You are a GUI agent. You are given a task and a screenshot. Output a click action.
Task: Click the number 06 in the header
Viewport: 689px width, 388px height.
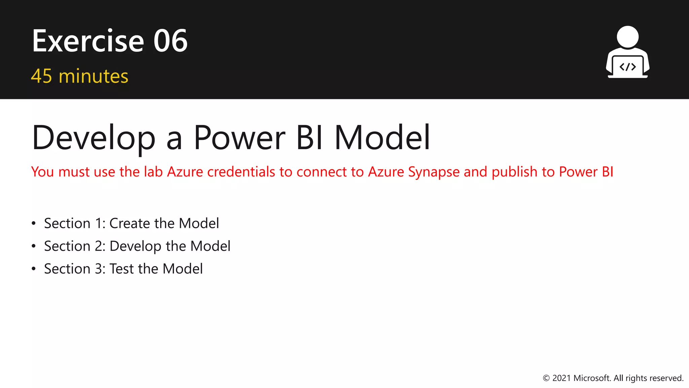click(x=170, y=41)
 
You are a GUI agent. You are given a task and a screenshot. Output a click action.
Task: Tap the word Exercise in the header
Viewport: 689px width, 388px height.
click(x=88, y=41)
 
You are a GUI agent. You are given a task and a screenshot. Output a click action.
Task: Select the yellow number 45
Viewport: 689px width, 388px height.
click(x=41, y=76)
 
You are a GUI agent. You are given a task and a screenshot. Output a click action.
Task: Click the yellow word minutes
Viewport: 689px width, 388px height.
click(x=94, y=76)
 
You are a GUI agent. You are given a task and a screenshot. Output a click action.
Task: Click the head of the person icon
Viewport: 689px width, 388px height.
click(x=628, y=37)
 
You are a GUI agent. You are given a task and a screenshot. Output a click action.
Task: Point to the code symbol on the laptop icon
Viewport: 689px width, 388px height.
click(x=628, y=67)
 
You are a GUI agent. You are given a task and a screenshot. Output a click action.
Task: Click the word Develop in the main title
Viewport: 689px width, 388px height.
click(x=94, y=138)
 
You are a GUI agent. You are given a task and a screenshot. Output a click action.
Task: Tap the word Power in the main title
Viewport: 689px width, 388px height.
click(x=240, y=138)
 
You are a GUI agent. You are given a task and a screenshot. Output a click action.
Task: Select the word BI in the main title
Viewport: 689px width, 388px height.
click(x=310, y=138)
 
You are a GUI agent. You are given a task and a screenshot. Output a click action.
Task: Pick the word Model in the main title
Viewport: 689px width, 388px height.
click(x=383, y=138)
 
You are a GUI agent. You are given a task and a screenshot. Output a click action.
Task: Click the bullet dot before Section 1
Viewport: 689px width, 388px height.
click(x=33, y=224)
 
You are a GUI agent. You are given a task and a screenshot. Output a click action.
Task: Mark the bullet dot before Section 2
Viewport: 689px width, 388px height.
click(x=33, y=246)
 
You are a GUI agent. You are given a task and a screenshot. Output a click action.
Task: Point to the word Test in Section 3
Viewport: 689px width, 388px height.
click(x=121, y=269)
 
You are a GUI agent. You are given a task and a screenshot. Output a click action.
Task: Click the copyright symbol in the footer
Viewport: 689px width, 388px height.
click(x=546, y=378)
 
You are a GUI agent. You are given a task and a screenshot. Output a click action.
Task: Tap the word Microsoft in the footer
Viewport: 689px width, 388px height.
click(x=592, y=378)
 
